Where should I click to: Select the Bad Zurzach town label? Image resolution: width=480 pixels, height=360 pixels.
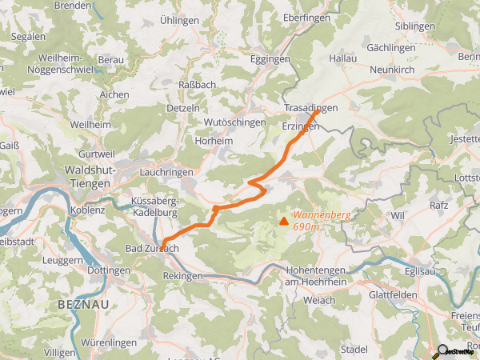coord(151,249)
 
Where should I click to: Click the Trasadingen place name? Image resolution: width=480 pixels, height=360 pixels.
coord(311,107)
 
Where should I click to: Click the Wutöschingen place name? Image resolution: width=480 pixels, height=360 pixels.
coord(234,122)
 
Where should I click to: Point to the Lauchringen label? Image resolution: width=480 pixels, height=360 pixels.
coord(167,172)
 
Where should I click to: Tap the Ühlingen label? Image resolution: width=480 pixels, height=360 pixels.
coord(178,21)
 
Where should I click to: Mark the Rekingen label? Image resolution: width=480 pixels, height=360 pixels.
coord(182,276)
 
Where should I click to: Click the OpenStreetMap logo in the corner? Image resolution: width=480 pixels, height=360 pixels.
coord(455,350)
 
